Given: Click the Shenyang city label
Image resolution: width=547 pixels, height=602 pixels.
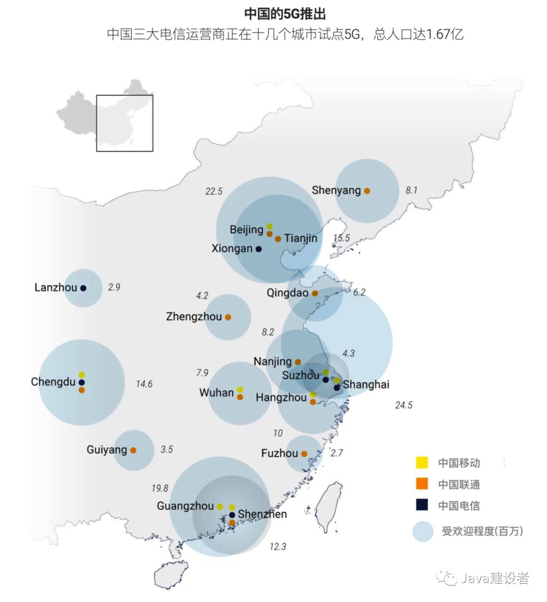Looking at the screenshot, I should click(x=336, y=191).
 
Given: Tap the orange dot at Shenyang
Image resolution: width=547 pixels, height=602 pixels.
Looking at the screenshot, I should click(x=367, y=191).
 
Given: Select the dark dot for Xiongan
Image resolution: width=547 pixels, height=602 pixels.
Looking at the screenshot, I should click(x=258, y=249).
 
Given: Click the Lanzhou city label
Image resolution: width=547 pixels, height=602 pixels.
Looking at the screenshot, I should click(x=56, y=288).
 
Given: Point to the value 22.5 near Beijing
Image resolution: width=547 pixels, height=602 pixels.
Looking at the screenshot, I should click(x=214, y=192).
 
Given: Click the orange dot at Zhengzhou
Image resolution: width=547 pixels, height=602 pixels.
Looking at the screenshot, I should click(x=228, y=317).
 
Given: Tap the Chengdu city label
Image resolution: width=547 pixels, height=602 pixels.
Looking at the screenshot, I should click(x=53, y=382).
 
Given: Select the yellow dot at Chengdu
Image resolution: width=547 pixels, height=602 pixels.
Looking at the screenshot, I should click(x=82, y=375).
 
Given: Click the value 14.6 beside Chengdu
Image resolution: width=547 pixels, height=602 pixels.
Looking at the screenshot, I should click(x=144, y=384).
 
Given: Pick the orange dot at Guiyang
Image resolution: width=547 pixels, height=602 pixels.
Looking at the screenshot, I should click(x=133, y=450).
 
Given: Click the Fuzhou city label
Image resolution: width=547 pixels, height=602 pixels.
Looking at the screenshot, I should click(x=279, y=454).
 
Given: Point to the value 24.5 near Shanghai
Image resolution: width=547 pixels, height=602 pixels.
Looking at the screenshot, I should click(x=403, y=405).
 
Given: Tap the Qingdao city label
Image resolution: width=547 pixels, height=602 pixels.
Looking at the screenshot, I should click(x=287, y=293).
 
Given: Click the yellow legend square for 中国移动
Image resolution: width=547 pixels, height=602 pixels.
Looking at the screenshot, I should click(x=421, y=463).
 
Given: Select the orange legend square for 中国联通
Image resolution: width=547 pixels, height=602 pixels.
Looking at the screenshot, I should click(x=421, y=484).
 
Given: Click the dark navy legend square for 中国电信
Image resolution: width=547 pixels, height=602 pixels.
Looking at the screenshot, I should click(x=421, y=505).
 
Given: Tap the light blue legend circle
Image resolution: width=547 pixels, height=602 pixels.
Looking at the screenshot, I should click(x=422, y=532).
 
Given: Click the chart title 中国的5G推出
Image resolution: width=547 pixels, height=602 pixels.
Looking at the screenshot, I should click(x=285, y=14).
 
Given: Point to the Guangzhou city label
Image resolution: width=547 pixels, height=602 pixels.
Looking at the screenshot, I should click(x=185, y=506).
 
